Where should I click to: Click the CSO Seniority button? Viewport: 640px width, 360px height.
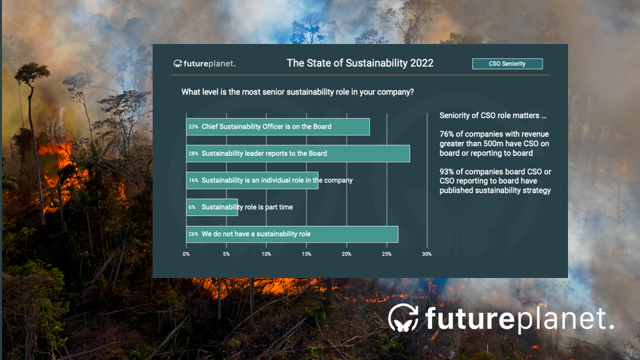pos(507,64)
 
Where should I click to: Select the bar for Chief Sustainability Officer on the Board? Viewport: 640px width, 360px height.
pos(278,127)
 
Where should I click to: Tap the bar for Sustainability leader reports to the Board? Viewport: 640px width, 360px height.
pos(298,153)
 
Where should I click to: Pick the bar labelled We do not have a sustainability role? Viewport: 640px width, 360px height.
pos(292,234)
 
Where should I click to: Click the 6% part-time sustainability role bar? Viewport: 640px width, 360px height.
pos(212,207)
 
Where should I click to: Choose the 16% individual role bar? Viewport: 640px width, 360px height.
pos(252,181)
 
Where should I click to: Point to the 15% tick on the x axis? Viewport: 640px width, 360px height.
pos(307,254)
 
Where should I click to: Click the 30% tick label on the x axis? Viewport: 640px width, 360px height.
pos(427,254)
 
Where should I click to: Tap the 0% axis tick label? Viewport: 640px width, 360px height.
pos(186,254)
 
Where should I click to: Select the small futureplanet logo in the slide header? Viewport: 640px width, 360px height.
pos(205,64)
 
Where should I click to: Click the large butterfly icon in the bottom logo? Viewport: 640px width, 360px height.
pos(403,318)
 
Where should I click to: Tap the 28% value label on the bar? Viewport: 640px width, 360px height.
pos(193,153)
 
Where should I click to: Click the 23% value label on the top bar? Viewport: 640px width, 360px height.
pos(193,127)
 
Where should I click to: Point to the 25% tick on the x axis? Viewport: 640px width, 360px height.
pos(387,254)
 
